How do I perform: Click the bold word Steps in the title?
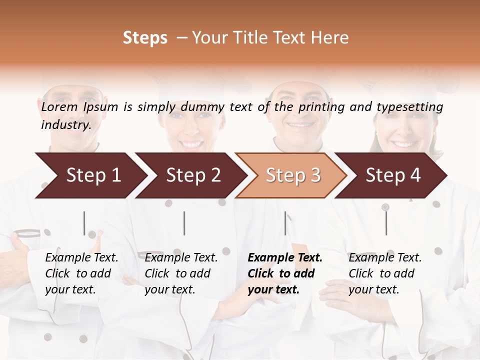pos(145,38)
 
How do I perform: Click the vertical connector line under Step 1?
pos(84,223)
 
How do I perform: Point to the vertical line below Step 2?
pos(184,223)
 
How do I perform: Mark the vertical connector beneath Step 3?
pos(285,223)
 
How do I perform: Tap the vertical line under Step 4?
pos(386,223)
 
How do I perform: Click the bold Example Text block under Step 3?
pos(285,273)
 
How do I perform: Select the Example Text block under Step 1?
pos(81,273)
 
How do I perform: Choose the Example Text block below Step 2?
pos(181,273)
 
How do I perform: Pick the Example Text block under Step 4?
pos(385,273)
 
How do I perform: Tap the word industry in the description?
pos(66,124)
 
